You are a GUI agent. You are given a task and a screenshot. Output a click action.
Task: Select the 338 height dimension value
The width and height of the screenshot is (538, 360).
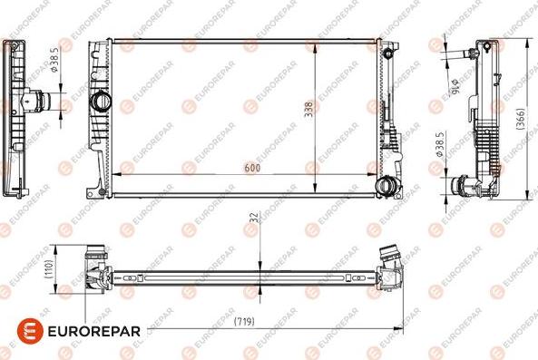(x=308, y=110)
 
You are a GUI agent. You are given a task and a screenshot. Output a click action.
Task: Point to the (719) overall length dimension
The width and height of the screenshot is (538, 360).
(x=242, y=321)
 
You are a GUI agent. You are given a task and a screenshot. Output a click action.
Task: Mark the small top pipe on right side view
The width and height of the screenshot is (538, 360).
(x=469, y=54)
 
